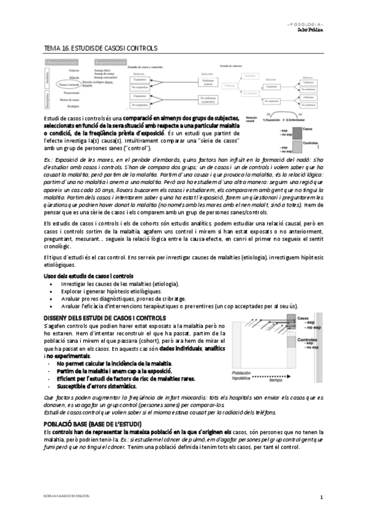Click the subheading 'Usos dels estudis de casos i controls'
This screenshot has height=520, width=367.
pyautogui.click(x=88, y=277)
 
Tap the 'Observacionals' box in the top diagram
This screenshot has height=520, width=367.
pyautogui.click(x=65, y=62)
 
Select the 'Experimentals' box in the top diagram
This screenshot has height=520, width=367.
pyautogui.click(x=110, y=62)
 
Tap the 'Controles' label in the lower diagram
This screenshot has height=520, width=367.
pyautogui.click(x=307, y=339)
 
